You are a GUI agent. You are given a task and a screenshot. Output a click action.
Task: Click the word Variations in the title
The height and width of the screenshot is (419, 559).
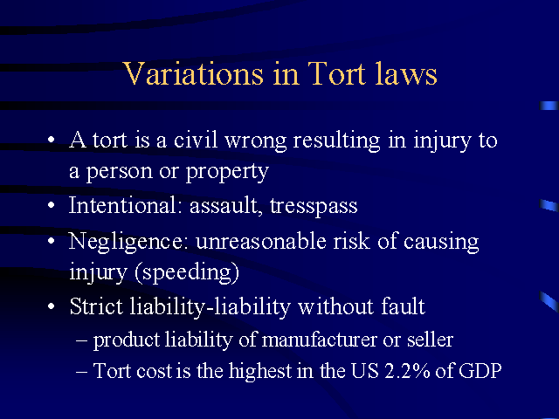pyautogui.click(x=194, y=73)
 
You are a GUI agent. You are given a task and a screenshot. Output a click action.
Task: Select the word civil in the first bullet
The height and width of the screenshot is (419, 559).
pyautogui.click(x=196, y=140)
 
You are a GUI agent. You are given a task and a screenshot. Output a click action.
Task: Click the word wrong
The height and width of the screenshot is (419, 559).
pyautogui.click(x=256, y=141)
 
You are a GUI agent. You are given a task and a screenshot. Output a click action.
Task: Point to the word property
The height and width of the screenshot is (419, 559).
pyautogui.click(x=227, y=172)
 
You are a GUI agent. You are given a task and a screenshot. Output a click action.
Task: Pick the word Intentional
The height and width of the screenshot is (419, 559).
pyautogui.click(x=123, y=205)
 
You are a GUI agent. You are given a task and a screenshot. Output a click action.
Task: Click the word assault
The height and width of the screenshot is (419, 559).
pyautogui.click(x=224, y=206)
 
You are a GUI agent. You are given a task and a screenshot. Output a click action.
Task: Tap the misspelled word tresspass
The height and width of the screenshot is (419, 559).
pyautogui.click(x=314, y=207)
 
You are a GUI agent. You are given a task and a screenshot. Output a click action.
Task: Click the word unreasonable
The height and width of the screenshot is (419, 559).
pyautogui.click(x=260, y=241)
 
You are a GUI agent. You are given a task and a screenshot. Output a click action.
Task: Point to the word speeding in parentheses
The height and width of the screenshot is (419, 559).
pyautogui.click(x=186, y=273)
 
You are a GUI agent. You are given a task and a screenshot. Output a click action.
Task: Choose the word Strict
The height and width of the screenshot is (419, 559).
pyautogui.click(x=96, y=306)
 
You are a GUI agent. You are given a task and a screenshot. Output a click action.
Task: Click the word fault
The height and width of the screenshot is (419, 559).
pyautogui.click(x=403, y=306)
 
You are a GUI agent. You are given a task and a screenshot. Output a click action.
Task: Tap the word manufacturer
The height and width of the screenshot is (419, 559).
pyautogui.click(x=319, y=340)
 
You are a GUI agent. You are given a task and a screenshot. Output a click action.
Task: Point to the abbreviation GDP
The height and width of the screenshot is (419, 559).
pyautogui.click(x=480, y=370)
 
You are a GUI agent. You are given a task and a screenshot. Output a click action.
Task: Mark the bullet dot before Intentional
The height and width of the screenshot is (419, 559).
pyautogui.click(x=52, y=205)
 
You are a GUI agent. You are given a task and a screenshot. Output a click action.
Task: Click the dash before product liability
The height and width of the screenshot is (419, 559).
pyautogui.click(x=81, y=341)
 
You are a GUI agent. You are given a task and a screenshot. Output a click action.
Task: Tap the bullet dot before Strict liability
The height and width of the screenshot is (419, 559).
pyautogui.click(x=52, y=306)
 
